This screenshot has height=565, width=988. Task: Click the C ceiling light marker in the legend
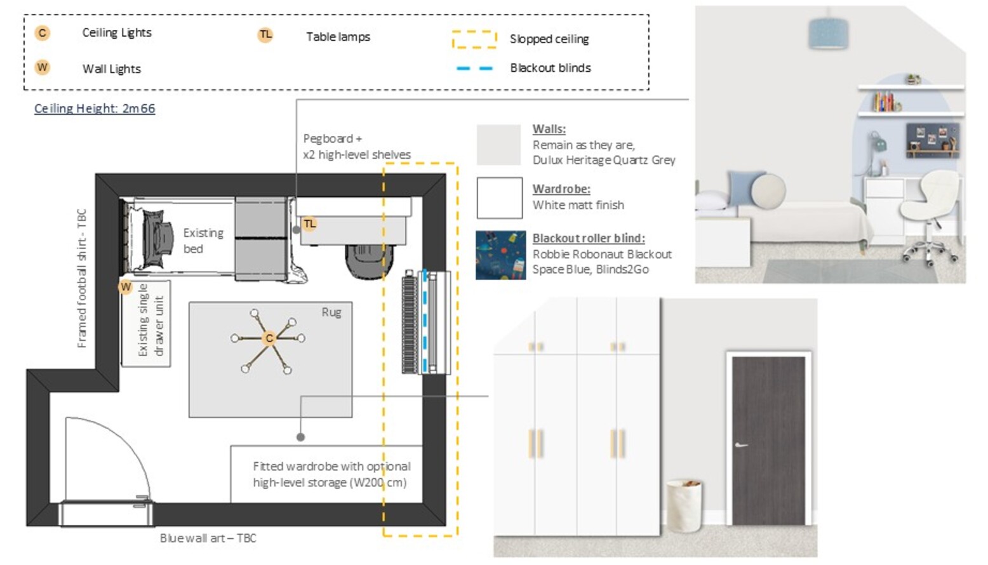click(43, 33)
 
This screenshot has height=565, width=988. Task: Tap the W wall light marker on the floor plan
click(126, 287)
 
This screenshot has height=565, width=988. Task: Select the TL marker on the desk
click(309, 224)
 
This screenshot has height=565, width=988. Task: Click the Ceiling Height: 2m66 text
click(95, 109)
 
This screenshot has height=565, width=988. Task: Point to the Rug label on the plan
click(331, 313)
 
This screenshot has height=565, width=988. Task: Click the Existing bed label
click(203, 241)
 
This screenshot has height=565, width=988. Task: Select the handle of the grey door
click(741, 445)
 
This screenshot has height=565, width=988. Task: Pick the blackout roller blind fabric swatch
click(500, 255)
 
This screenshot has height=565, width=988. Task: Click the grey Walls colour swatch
click(499, 145)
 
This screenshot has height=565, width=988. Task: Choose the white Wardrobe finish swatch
click(500, 198)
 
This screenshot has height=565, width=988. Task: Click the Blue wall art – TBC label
click(208, 538)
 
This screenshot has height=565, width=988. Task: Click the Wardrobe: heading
click(561, 189)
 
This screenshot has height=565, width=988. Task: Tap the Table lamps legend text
click(338, 37)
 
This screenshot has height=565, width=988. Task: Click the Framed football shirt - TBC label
click(82, 278)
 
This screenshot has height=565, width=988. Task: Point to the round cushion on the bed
click(768, 190)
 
